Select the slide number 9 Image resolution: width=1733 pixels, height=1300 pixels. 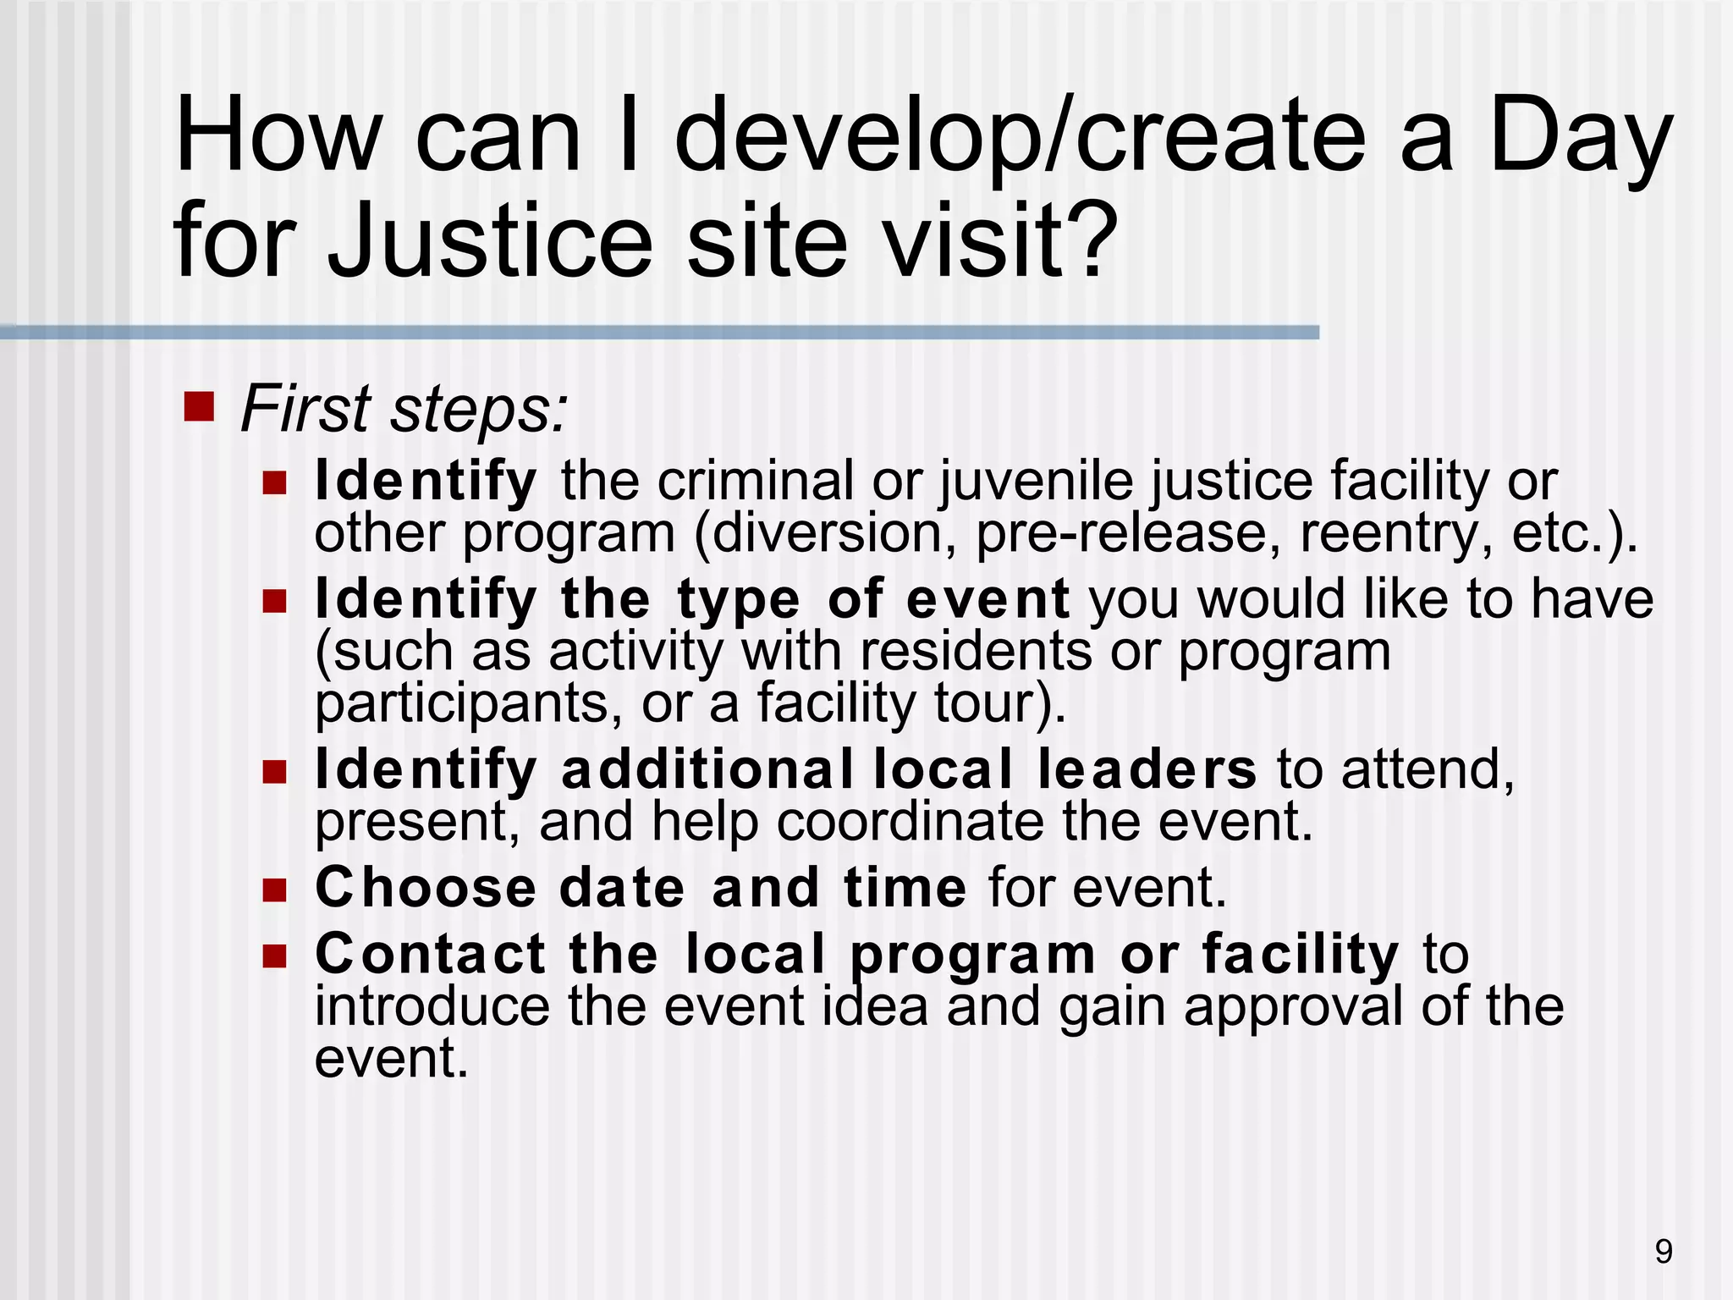pos(1663,1252)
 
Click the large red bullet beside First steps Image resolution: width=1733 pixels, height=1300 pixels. pos(199,406)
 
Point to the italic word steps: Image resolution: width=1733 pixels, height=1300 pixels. pos(479,410)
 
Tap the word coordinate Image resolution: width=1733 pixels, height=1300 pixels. pos(911,822)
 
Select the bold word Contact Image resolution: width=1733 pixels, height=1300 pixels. pos(431,954)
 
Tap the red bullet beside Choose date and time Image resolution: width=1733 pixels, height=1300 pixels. pos(274,890)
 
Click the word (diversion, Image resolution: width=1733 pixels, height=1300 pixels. pos(825,534)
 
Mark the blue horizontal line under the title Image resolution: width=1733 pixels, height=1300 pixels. pos(660,333)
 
